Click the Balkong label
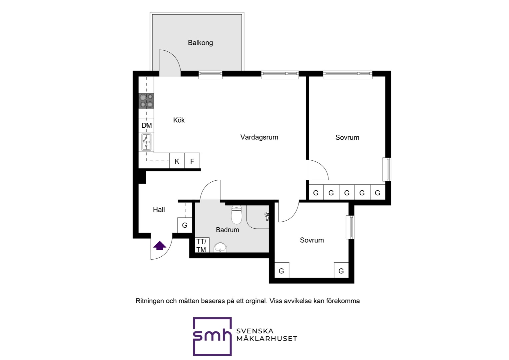[200, 43]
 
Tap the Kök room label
[179, 120]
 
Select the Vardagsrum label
[259, 137]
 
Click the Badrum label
[227, 230]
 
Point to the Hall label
[159, 209]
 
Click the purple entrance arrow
[160, 245]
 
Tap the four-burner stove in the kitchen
[146, 101]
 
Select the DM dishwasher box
[146, 125]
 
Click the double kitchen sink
[146, 142]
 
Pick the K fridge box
[177, 161]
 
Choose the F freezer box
[192, 161]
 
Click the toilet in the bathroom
[237, 215]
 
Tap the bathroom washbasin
[220, 248]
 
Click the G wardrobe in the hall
[185, 225]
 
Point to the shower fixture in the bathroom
[267, 216]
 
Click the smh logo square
[212, 336]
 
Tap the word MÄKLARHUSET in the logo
[267, 339]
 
